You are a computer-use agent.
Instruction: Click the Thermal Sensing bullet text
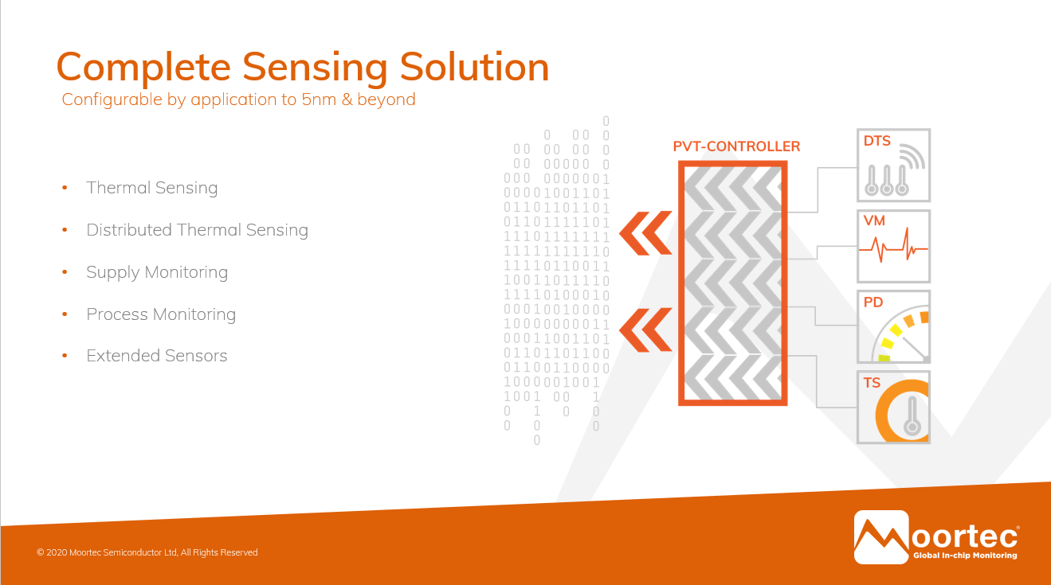click(152, 188)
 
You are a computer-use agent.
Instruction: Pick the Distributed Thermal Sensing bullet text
click(198, 230)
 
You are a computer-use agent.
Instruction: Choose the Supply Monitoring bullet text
click(157, 272)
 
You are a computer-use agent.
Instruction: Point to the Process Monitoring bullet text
click(161, 314)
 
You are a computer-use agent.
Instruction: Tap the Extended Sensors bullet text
click(157, 356)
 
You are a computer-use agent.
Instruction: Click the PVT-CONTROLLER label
click(736, 146)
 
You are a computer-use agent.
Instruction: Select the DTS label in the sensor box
click(877, 141)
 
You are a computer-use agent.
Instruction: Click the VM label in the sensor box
click(874, 220)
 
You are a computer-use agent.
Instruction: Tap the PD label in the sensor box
click(873, 302)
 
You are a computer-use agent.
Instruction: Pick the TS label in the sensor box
click(872, 383)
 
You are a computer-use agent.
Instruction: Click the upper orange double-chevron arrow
click(645, 233)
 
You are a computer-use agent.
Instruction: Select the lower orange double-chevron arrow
click(645, 330)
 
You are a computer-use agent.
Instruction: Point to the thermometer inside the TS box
click(912, 416)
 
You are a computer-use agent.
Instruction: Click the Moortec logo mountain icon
click(881, 537)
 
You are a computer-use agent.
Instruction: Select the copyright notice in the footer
click(147, 552)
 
